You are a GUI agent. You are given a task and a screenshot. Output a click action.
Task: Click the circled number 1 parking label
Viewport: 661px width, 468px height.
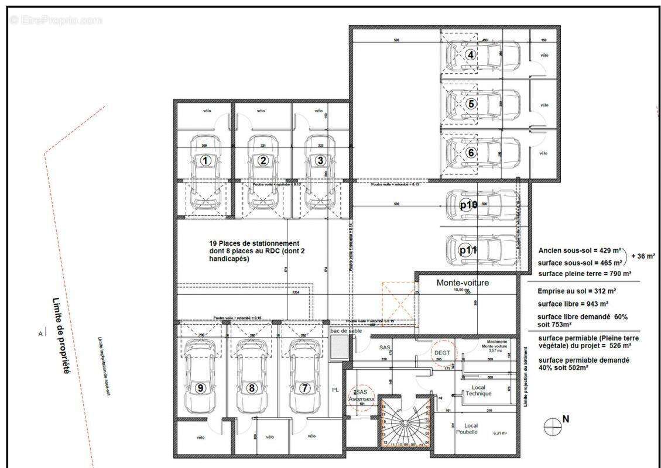(x=205, y=160)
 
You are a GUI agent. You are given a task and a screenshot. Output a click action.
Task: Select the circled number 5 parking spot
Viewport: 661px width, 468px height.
(x=472, y=104)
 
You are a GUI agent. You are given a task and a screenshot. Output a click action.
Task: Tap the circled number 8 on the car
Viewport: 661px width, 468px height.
(x=252, y=387)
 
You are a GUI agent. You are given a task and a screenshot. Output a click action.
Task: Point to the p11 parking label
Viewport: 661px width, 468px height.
(x=468, y=250)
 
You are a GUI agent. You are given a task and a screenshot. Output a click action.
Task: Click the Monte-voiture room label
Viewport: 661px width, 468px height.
(x=463, y=283)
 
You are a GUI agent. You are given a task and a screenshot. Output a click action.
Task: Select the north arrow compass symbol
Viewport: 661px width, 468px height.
(x=552, y=427)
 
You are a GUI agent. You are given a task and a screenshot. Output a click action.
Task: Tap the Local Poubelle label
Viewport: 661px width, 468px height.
(x=471, y=429)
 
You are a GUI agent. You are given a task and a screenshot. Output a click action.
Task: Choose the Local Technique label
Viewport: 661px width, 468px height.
(x=478, y=391)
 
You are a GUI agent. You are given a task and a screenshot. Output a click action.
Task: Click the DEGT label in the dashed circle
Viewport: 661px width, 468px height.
(x=443, y=353)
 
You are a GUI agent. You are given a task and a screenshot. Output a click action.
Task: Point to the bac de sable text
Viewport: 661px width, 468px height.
(x=346, y=331)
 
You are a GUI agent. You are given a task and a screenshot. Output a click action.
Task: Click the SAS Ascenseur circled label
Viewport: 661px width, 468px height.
(x=362, y=396)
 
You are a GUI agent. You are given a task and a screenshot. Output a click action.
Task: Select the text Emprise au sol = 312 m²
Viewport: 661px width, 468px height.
(x=576, y=290)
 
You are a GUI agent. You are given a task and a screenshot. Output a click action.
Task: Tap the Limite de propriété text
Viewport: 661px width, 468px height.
(x=62, y=335)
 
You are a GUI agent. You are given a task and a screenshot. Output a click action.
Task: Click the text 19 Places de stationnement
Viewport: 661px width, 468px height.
(x=254, y=243)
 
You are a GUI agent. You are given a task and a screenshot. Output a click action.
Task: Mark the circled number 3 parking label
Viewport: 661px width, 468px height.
(x=320, y=160)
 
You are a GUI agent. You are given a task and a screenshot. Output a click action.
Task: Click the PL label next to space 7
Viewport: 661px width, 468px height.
(x=335, y=390)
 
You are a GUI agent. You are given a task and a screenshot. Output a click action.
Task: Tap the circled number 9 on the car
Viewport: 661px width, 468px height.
(x=200, y=387)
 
